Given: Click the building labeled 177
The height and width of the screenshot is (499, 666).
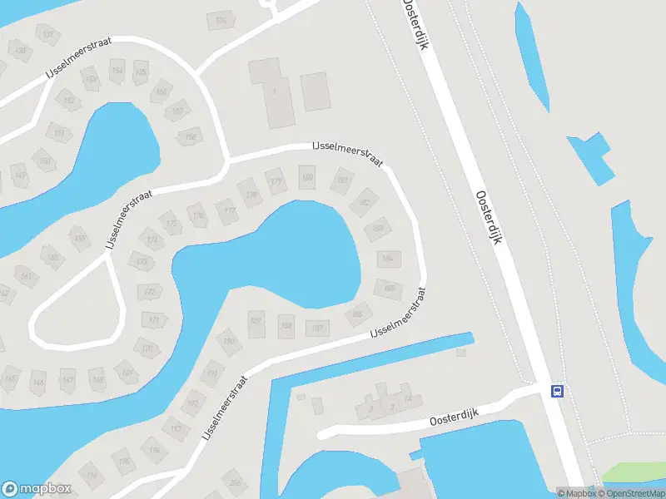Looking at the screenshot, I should click(229, 210).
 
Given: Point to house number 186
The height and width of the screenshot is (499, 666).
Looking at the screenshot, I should click(357, 314).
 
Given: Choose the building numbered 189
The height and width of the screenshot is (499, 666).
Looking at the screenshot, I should click(286, 325).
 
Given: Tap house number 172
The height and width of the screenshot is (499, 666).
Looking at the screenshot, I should click(150, 292).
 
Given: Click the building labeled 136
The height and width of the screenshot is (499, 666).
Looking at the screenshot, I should click(221, 20).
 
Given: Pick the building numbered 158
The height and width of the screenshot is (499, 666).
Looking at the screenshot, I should click(191, 136).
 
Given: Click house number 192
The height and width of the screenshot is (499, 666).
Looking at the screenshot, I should click(194, 403).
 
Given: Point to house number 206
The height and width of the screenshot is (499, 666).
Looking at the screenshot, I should click(236, 483).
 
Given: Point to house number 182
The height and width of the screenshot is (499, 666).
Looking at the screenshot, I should click(364, 201).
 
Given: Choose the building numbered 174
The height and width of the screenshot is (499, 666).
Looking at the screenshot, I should click(152, 240).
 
